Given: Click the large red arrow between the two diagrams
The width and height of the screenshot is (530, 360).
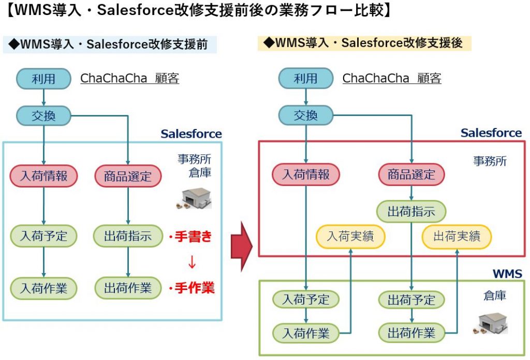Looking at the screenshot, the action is [242, 247].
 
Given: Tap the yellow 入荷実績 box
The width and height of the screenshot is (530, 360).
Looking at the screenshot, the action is [350, 236].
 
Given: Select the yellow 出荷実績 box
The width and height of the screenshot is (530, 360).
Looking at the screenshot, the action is [457, 236].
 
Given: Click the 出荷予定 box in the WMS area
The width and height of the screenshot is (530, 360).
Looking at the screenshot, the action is [411, 299].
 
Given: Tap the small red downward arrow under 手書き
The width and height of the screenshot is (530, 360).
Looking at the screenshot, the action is [192, 262].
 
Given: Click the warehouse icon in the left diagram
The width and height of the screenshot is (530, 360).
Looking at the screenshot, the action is [194, 198].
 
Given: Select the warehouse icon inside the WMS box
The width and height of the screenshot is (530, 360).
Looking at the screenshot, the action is [490, 323].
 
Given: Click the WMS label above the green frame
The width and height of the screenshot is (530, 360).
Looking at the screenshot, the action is [507, 273].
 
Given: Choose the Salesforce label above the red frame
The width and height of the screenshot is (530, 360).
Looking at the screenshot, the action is [491, 133].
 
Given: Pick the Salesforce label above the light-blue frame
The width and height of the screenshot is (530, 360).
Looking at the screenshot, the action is [192, 134].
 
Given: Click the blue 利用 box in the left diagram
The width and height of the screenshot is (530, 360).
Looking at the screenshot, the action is [43, 79].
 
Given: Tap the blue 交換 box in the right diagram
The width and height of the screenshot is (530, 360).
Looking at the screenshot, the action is [306, 116].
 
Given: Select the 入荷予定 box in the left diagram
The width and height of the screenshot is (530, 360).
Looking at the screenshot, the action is [43, 236].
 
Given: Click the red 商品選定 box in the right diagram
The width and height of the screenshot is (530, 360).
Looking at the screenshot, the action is [411, 175].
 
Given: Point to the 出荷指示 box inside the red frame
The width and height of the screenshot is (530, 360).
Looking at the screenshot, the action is [411, 211].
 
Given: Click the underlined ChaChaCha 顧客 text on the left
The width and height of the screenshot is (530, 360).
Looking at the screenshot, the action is [130, 78].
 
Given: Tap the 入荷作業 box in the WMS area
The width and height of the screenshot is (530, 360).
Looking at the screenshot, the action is [306, 333].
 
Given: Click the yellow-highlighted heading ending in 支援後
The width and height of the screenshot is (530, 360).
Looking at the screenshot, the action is [364, 43].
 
